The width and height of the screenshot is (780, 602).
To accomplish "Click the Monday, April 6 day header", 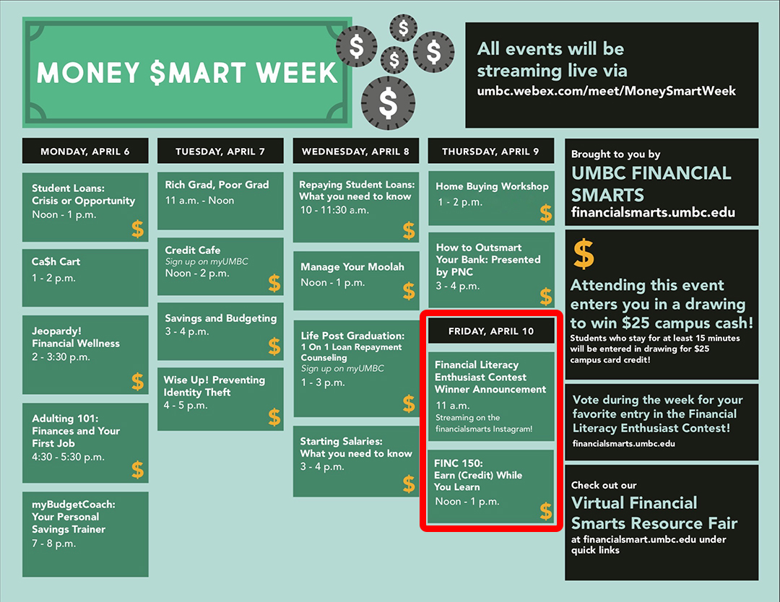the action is coord(85,151).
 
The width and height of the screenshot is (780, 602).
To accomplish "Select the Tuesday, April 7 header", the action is coord(220,151).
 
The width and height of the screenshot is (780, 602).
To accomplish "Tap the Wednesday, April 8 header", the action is coord(355,151).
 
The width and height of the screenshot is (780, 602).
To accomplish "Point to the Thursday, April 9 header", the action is coord(490,151).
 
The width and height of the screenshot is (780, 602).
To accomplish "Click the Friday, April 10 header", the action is coord(491,331).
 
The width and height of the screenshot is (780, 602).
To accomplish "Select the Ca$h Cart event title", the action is coord(56,261).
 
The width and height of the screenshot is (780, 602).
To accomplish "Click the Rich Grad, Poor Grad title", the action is coord(217,185).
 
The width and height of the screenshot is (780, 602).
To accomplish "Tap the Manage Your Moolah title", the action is coord(352,267).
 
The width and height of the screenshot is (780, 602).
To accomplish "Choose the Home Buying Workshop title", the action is coord(492,186).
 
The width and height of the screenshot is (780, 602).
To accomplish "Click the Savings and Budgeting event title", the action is coord(220,318).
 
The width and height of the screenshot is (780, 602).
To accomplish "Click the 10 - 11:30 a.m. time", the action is coord(334,210).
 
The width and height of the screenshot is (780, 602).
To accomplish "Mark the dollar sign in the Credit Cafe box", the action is coord(274,283).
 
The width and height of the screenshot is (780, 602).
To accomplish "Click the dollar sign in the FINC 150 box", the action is coord(546,511).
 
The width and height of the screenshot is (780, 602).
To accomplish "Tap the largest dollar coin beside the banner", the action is coord(388,103).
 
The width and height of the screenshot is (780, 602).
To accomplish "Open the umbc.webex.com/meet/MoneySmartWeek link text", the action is coord(607,91).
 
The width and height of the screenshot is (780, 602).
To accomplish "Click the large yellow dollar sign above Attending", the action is coord(584,253).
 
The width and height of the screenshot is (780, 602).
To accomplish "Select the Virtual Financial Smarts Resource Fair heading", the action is coord(654,513).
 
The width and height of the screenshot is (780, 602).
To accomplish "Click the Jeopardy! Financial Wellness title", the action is coord(76,337).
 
